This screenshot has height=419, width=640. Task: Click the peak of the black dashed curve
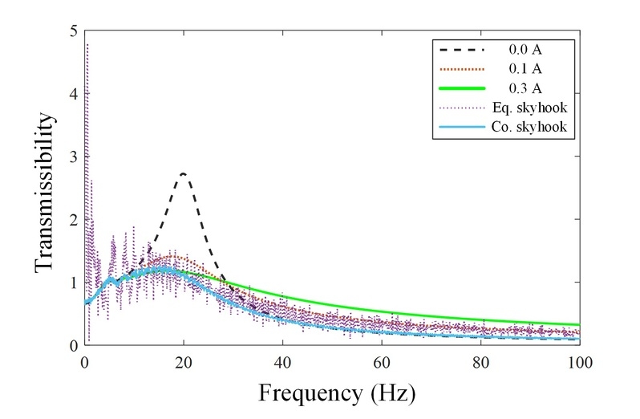[184, 173]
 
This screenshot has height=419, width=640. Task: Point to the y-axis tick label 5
[73, 31]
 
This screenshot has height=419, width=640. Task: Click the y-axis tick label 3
[73, 157]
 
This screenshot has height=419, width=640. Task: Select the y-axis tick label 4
[73, 95]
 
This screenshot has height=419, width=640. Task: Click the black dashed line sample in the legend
[458, 50]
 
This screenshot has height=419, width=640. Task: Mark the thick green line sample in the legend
[458, 89]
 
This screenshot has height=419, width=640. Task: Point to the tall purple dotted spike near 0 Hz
[87, 64]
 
